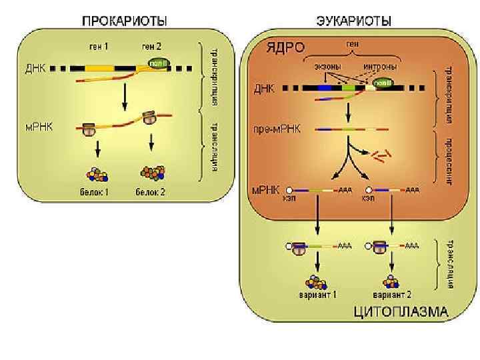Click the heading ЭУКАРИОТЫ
pyautogui.click(x=353, y=21)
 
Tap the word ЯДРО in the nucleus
pyautogui.click(x=285, y=47)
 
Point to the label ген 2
pyautogui.click(x=150, y=46)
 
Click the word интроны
pyautogui.click(x=381, y=67)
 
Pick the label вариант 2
pyautogui.click(x=392, y=294)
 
